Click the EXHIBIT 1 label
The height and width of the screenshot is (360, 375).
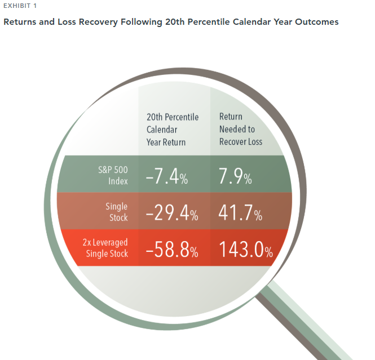tap(20, 6)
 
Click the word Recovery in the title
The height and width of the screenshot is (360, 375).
tap(98, 22)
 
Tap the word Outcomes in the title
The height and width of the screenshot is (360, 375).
tap(317, 22)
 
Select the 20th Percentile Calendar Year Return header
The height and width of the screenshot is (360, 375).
tap(173, 130)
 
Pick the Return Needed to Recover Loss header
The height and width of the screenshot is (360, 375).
tap(241, 129)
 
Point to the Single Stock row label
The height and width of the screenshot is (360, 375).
tap(117, 212)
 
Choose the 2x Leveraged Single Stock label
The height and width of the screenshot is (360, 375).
tap(105, 248)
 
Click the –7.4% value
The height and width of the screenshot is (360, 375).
tap(167, 176)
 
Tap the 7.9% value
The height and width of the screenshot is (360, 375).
tap(235, 176)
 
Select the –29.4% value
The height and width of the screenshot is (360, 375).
tap(172, 212)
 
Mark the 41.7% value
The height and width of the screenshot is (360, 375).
tap(240, 212)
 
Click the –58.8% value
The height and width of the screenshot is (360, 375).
tap(172, 249)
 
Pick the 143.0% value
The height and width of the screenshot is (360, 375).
tap(246, 249)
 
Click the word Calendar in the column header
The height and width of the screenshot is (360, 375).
tap(162, 130)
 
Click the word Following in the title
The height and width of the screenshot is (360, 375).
tap(142, 22)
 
